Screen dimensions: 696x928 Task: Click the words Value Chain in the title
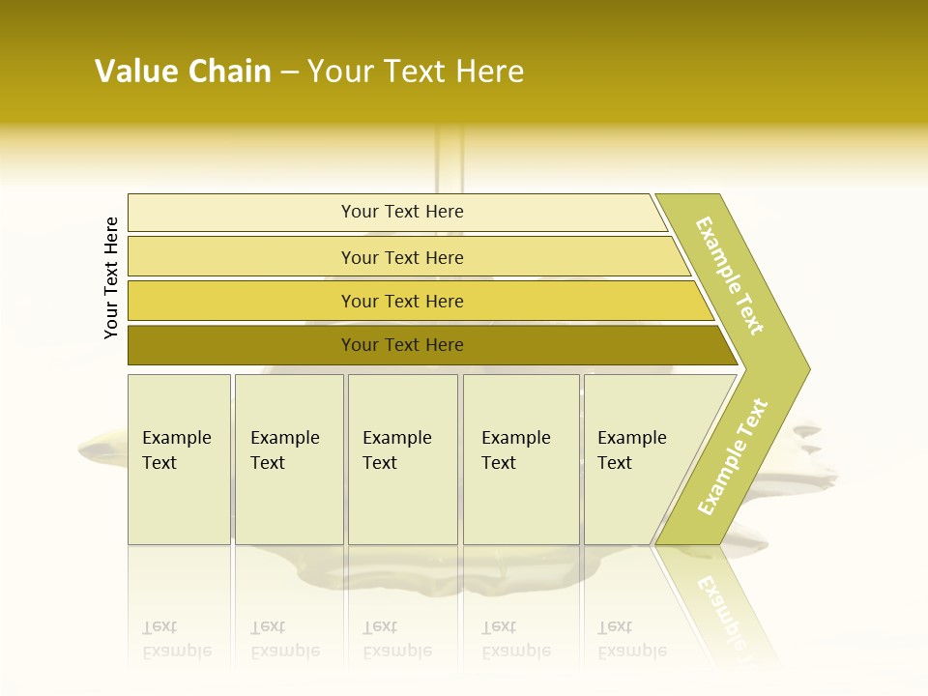tap(183, 72)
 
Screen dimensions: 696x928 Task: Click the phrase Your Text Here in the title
tap(416, 72)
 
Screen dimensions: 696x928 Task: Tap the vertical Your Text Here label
tap(111, 277)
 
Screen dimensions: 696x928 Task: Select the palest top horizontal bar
tap(242, 213)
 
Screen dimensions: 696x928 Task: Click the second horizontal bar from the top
tap(242, 257)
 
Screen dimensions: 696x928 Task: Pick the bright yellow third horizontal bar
tap(242, 301)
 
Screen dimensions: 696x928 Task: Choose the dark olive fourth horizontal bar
tap(242, 345)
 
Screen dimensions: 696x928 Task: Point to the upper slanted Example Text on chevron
tap(730, 275)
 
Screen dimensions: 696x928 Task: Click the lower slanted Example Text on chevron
tap(733, 457)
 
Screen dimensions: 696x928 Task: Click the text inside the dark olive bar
tap(402, 345)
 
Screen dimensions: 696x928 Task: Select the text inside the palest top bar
tap(402, 212)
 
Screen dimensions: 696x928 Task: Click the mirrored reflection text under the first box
tap(176, 640)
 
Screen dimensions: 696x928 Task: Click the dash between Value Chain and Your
tap(289, 72)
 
